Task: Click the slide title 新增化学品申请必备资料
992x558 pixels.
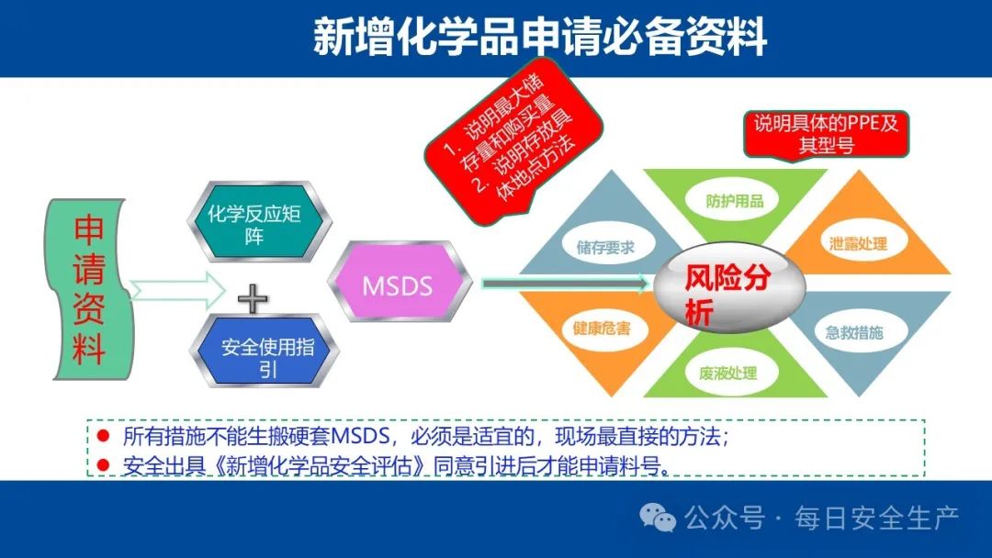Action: click(540, 36)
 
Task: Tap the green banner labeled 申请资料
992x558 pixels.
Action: click(88, 289)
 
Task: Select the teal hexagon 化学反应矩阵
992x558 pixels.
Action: click(259, 222)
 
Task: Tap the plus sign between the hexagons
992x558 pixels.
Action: click(253, 299)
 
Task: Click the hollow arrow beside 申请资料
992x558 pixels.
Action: click(177, 290)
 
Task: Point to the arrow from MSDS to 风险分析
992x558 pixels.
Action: click(566, 283)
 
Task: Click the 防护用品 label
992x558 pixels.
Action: click(735, 201)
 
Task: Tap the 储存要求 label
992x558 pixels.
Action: click(604, 247)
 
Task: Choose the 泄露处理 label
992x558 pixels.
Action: click(858, 243)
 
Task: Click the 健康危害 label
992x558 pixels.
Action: click(602, 328)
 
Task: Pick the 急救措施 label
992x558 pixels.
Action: click(854, 332)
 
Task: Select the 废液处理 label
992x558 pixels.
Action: click(727, 373)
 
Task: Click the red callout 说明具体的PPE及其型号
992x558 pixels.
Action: click(827, 133)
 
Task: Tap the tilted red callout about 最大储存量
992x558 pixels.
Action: click(513, 142)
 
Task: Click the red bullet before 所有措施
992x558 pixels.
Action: click(103, 435)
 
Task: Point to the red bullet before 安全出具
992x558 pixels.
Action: click(103, 465)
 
